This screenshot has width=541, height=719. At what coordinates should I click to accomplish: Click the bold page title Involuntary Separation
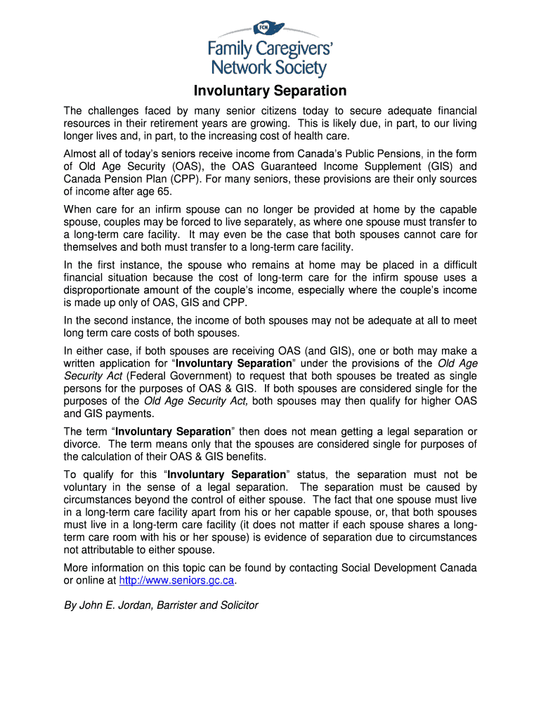[x=270, y=91]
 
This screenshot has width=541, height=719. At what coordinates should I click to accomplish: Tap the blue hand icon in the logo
[x=270, y=29]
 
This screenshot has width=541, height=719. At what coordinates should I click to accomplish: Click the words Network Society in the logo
[x=270, y=67]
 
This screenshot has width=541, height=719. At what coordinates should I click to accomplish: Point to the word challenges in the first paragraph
[x=116, y=111]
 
